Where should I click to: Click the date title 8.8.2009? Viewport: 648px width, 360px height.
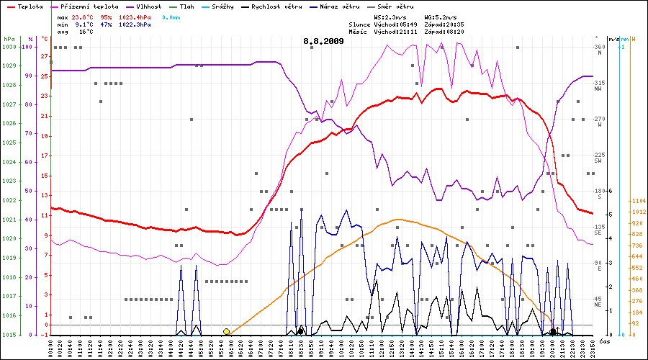click(x=323, y=41)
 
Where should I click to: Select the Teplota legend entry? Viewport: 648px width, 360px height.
click(x=25, y=6)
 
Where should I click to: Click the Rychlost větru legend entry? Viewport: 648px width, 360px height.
click(x=277, y=6)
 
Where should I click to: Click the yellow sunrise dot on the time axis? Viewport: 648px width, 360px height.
click(x=226, y=331)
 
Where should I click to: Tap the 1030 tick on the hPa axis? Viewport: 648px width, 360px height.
click(x=9, y=47)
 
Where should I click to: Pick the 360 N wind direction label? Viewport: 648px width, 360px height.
click(x=598, y=50)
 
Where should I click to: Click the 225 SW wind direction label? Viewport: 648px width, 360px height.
click(x=599, y=158)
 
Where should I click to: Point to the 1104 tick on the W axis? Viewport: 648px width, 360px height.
click(x=637, y=201)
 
